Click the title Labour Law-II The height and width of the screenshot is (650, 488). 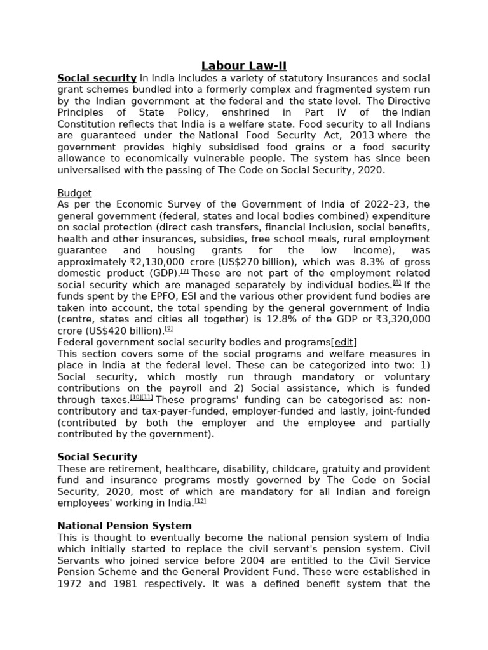(243, 66)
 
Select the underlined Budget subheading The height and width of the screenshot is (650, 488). (74, 193)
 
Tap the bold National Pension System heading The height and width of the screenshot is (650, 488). (125, 526)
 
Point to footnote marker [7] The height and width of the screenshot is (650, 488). (185, 271)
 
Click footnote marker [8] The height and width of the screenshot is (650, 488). (396, 282)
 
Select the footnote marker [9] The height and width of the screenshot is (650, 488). (169, 328)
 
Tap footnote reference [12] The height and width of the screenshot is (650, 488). (201, 501)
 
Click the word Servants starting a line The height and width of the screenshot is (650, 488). (78, 560)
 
